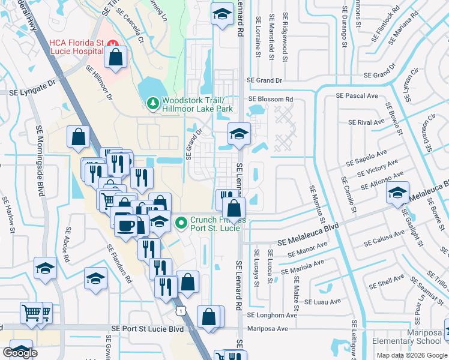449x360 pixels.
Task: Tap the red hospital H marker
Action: tap(113, 43)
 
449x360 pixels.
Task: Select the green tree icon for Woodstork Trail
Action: tap(153, 104)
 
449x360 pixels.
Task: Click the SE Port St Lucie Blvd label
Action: tap(146, 329)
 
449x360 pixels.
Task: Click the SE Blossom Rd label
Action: tap(271, 99)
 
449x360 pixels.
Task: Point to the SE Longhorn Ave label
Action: tap(272, 314)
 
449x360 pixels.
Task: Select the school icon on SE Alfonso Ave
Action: tap(397, 193)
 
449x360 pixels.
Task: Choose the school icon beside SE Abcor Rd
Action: tap(44, 268)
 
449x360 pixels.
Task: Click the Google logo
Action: tap(20, 353)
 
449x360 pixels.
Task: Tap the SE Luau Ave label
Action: tap(322, 301)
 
